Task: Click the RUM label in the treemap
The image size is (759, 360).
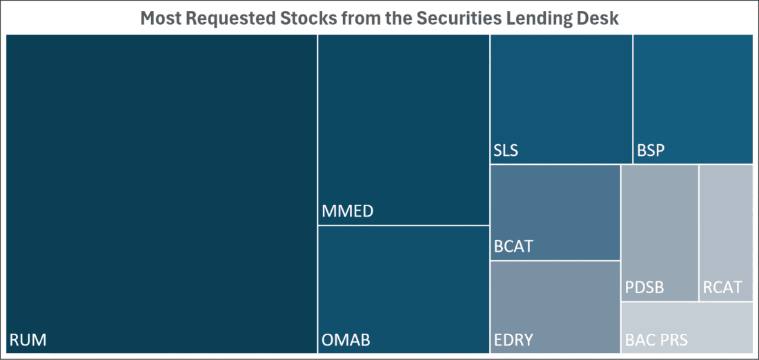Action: (28, 340)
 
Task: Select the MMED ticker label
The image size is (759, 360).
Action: (348, 212)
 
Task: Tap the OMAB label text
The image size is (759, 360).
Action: (346, 340)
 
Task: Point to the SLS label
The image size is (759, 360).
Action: (506, 150)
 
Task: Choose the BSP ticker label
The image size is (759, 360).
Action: (651, 150)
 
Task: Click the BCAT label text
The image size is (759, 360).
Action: (513, 246)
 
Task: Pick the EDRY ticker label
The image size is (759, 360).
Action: (513, 340)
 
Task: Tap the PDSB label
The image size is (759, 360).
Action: (644, 288)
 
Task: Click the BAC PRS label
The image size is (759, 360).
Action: (656, 340)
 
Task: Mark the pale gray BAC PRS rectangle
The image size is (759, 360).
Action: (687, 328)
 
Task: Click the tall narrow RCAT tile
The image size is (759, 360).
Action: (726, 232)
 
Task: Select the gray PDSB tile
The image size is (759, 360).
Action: (660, 232)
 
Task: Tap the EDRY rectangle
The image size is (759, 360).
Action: (555, 308)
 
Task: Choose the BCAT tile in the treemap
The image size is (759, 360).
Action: (555, 212)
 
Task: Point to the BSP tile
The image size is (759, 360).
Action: (693, 99)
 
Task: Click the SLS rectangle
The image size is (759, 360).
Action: (561, 99)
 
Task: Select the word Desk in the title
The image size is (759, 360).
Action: (600, 19)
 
